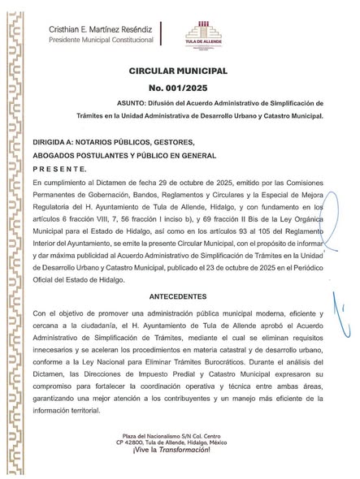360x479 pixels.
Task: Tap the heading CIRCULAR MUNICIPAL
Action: (179, 72)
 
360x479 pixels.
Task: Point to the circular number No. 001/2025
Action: (179, 88)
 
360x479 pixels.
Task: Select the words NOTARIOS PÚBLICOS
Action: (115, 140)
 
